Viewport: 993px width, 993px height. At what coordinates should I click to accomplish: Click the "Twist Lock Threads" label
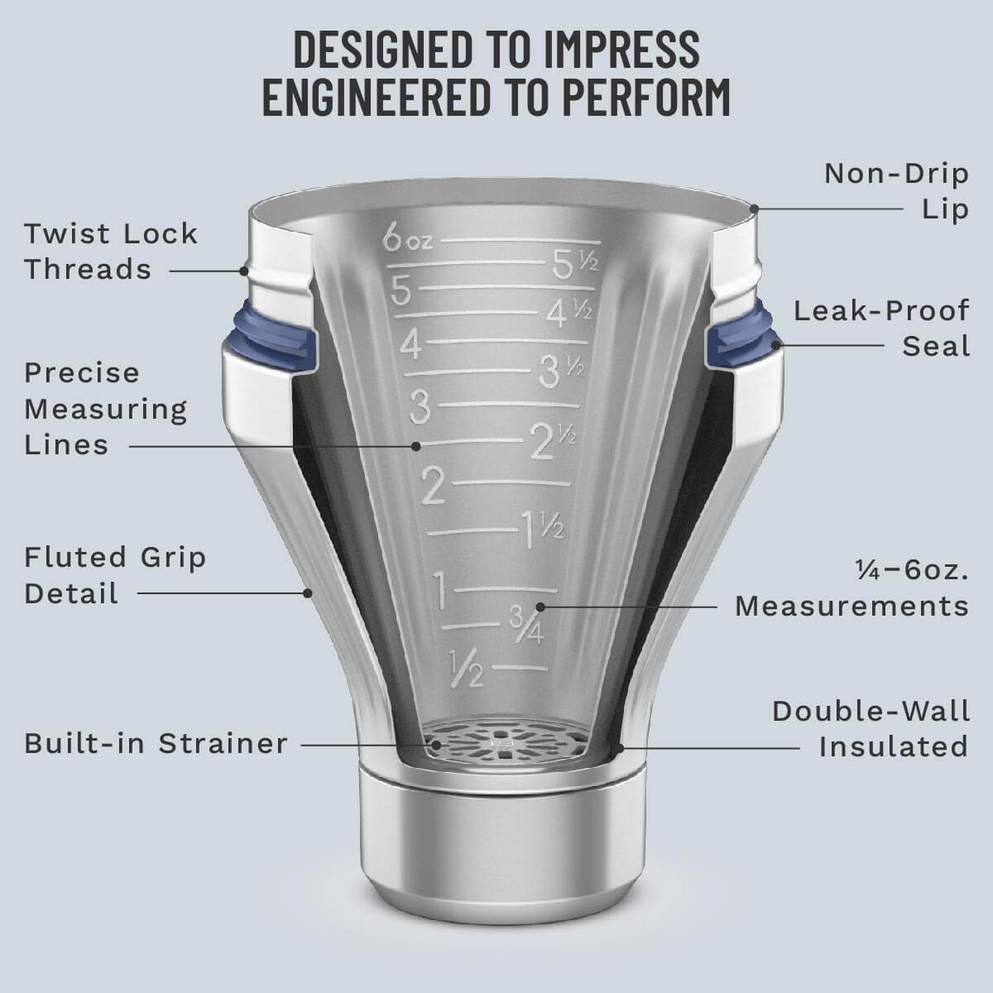[110, 252]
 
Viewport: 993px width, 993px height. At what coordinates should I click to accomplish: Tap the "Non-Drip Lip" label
[896, 191]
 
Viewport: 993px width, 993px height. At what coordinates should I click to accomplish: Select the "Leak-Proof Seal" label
[881, 328]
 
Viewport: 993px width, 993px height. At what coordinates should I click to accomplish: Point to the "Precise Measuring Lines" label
[105, 409]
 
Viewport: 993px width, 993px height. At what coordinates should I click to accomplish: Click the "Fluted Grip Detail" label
[114, 575]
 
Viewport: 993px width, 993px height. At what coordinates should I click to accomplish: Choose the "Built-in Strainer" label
[156, 743]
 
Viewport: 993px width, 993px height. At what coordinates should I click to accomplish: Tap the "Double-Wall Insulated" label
[870, 728]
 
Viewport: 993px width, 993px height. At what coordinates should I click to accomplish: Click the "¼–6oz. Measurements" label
[851, 588]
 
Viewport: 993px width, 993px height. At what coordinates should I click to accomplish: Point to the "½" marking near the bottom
[464, 668]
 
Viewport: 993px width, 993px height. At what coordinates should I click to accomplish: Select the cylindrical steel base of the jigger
[497, 844]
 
